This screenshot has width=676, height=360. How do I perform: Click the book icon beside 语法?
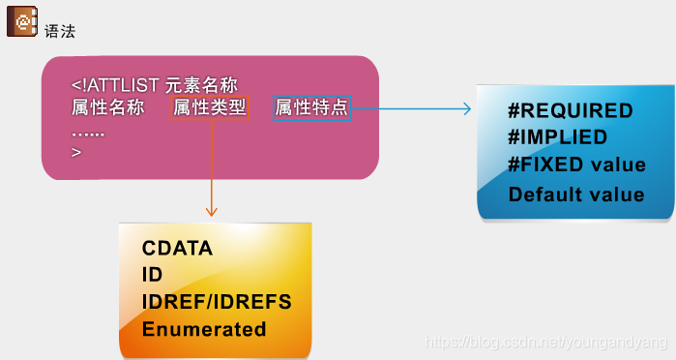(21, 21)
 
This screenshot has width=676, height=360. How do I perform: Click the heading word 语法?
(59, 31)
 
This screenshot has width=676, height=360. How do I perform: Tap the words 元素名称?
(201, 85)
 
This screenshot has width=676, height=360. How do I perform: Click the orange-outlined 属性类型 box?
(210, 107)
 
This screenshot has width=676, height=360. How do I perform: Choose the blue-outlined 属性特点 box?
(311, 107)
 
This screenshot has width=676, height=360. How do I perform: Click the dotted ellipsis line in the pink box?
(88, 131)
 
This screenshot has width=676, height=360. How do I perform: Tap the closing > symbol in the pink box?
(76, 153)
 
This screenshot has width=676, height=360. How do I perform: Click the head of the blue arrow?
(466, 108)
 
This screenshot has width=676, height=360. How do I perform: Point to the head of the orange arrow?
(211, 211)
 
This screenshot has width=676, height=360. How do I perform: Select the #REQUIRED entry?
(570, 110)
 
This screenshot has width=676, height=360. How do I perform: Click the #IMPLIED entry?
(557, 136)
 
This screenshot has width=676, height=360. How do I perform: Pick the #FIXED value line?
(576, 165)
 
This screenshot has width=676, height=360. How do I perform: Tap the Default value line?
(576, 195)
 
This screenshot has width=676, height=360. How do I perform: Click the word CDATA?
(177, 248)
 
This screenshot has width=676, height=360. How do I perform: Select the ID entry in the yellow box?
(152, 275)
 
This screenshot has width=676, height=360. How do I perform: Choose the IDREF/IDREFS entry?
(217, 302)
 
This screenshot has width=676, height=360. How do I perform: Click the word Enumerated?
(204, 329)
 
